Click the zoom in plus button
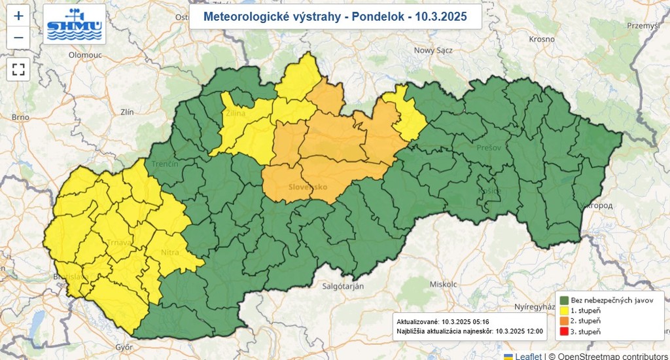click(18, 16)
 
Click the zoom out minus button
click(18, 37)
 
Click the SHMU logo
click(74, 24)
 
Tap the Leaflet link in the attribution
click(527, 356)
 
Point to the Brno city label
click(20, 117)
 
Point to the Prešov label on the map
click(489, 148)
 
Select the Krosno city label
click(542, 39)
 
